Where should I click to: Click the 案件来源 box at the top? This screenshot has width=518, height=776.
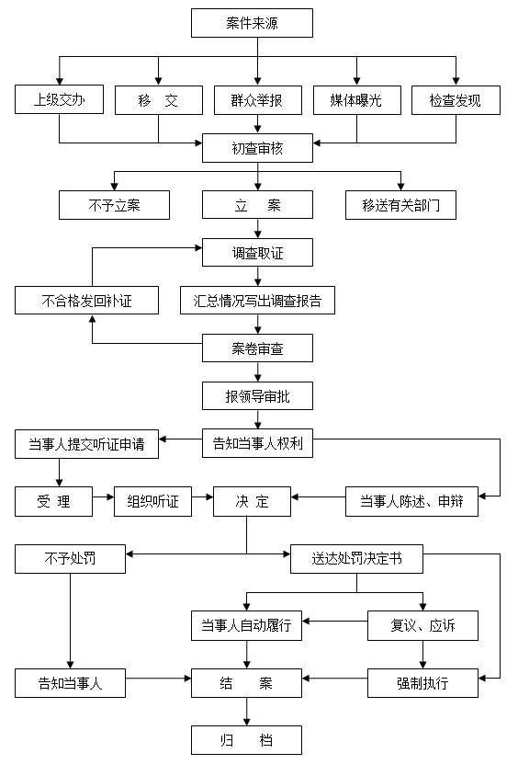[x=252, y=23]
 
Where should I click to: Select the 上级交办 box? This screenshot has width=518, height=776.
[x=60, y=99]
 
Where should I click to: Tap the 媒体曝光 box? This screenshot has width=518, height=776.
[x=357, y=100]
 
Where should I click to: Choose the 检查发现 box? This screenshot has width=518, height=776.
[x=456, y=100]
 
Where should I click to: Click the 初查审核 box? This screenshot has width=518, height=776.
[x=257, y=148]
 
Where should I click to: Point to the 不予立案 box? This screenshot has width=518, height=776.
[x=114, y=205]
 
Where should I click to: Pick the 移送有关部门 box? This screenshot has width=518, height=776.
[x=400, y=205]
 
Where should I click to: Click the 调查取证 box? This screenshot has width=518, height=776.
[x=257, y=253]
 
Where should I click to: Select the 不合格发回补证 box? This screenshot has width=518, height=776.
[x=86, y=301]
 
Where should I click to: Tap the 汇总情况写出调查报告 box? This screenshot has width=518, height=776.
[x=257, y=301]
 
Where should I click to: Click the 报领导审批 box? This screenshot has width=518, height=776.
[x=257, y=396]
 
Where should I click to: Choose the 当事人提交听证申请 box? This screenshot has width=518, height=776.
[x=86, y=444]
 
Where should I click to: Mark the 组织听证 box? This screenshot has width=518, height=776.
[x=152, y=502]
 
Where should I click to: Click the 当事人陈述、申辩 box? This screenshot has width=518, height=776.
[x=411, y=502]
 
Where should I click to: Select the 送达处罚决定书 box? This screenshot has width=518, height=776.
[x=357, y=559]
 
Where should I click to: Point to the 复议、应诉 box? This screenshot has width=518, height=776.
[x=422, y=625]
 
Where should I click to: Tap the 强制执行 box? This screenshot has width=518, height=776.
[x=422, y=683]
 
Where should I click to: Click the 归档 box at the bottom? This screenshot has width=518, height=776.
[x=247, y=740]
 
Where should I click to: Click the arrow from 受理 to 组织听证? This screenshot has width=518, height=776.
[x=103, y=496]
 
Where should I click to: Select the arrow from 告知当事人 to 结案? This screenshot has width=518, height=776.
[x=158, y=679]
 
